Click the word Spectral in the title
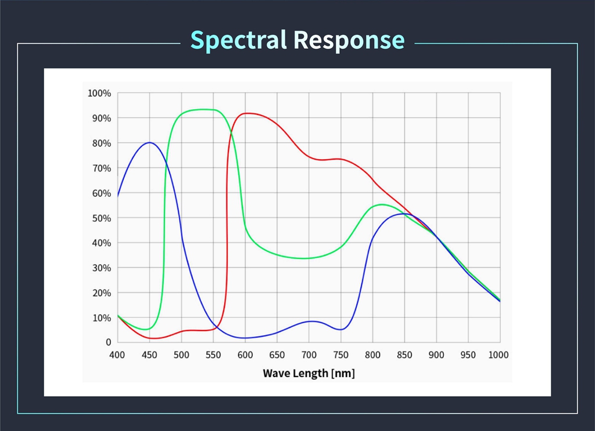239,40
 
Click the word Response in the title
349,40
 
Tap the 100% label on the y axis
99,93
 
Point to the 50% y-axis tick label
101,218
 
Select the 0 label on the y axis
107,343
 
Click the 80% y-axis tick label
101,143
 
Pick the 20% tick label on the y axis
101,293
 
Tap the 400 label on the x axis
118,355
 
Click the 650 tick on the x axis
277,355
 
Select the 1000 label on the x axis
499,355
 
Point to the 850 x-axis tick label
404,355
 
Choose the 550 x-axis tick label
213,355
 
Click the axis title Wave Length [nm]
309,373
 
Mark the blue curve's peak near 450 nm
150,142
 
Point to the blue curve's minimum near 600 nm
245,338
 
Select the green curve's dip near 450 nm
146,329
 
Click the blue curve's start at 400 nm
118,196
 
